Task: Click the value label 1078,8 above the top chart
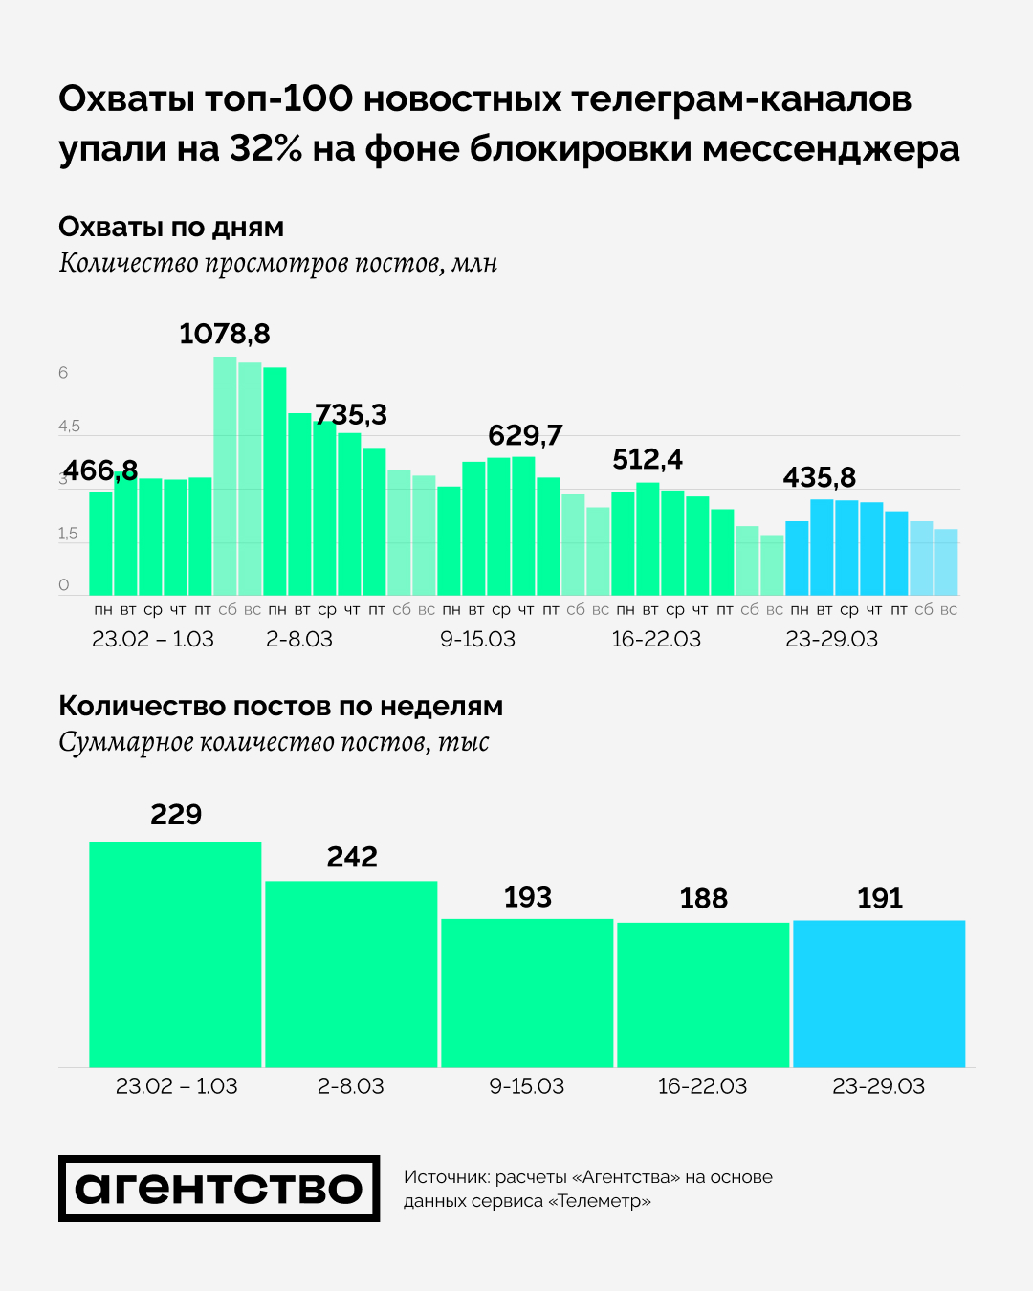pos(225,334)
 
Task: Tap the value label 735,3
pos(351,414)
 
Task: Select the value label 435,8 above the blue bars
pos(820,477)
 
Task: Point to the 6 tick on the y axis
pos(63,373)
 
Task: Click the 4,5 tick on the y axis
pos(69,427)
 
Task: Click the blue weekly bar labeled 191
pos(879,994)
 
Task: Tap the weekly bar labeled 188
pos(703,995)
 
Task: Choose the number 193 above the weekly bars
pos(528,897)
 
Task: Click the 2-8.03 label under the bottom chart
pos(351,1086)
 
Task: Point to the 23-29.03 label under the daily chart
pos(831,639)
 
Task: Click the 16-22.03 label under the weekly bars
pos(703,1086)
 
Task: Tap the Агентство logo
pos(219,1189)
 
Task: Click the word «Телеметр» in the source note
pos(600,1201)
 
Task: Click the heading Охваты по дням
pos(171,227)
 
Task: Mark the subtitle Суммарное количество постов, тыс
pos(274,742)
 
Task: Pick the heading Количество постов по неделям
pos(280,706)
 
